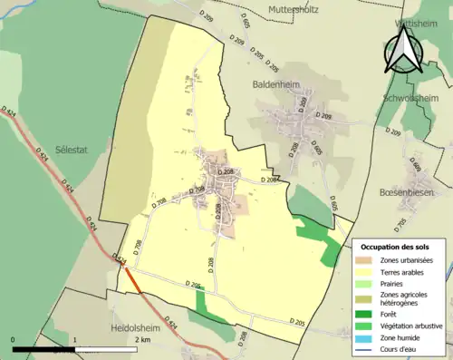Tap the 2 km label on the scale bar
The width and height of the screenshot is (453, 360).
[x=143, y=340]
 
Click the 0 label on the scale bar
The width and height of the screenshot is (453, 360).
[x=13, y=340]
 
